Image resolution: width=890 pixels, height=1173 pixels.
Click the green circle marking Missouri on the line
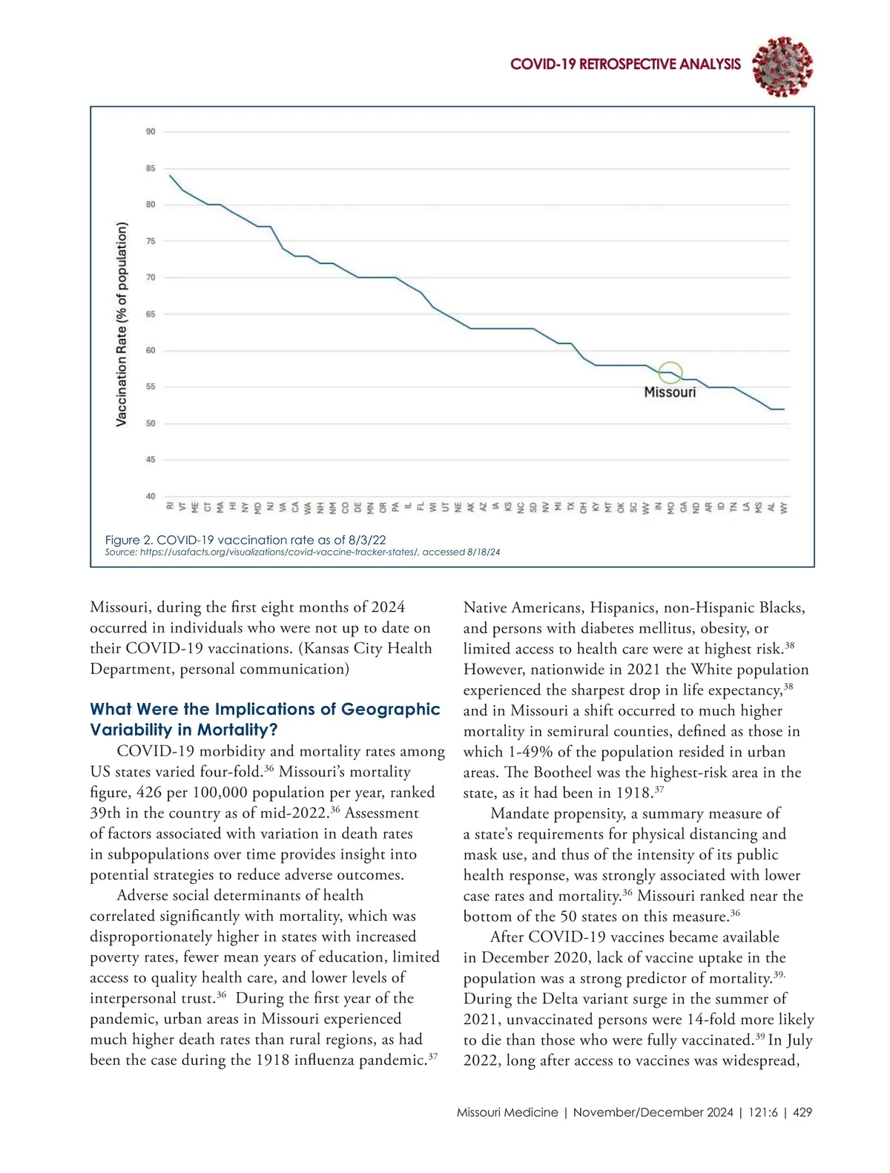[x=670, y=373]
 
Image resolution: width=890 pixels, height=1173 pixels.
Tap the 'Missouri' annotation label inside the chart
[x=670, y=392]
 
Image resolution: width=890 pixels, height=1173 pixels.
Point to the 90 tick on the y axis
[x=151, y=132]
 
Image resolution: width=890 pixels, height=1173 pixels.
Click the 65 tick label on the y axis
[x=151, y=314]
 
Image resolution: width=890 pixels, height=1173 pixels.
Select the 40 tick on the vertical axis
[x=151, y=496]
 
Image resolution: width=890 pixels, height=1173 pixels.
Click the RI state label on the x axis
[x=171, y=506]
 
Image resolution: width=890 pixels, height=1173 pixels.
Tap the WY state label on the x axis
[x=784, y=507]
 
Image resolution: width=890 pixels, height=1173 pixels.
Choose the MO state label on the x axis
[x=670, y=507]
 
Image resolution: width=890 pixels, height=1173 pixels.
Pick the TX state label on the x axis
[x=570, y=507]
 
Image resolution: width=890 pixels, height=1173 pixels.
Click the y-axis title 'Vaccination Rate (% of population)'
[x=122, y=325]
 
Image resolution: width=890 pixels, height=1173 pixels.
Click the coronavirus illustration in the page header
[x=782, y=67]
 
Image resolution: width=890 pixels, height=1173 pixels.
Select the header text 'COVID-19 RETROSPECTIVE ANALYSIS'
[x=625, y=65]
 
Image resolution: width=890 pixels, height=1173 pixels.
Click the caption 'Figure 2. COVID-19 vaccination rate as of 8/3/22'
[x=245, y=540]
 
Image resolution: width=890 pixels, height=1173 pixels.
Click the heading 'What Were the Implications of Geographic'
[x=265, y=709]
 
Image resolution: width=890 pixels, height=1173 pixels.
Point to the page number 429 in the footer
[x=802, y=1112]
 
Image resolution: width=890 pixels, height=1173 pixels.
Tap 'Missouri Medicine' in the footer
[x=507, y=1112]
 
